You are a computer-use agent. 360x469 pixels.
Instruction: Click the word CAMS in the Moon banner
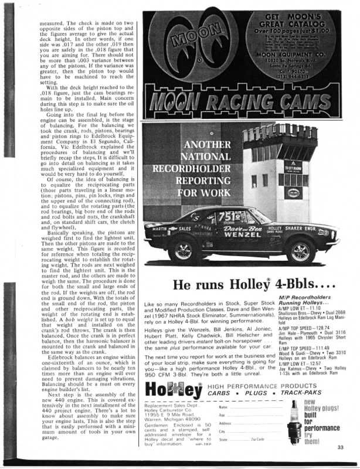click(x=305, y=106)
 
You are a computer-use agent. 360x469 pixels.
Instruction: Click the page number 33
click(x=340, y=448)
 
